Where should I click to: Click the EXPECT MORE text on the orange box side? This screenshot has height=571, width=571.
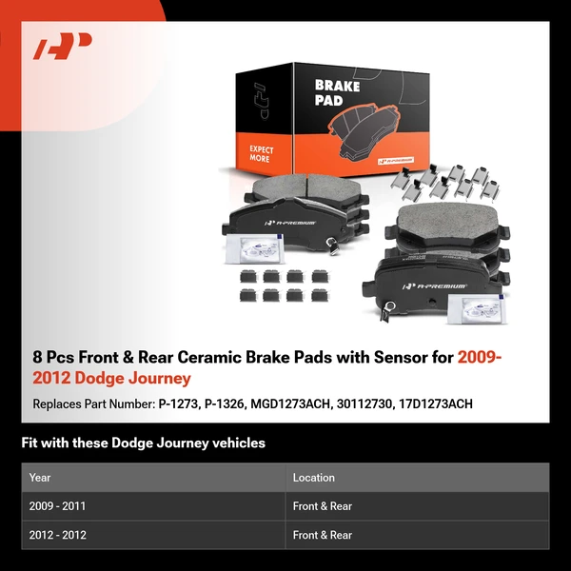click(x=262, y=153)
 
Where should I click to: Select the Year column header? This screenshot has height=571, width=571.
click(x=40, y=478)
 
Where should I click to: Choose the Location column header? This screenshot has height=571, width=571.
click(x=314, y=478)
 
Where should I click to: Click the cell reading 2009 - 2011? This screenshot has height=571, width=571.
click(x=58, y=506)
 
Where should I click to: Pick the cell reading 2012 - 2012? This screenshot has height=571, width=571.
click(x=58, y=535)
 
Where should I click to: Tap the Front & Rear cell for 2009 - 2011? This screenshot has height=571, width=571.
click(x=323, y=506)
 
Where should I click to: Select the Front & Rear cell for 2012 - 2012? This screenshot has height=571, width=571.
click(x=323, y=535)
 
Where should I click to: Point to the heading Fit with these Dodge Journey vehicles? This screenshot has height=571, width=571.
click(x=143, y=443)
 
